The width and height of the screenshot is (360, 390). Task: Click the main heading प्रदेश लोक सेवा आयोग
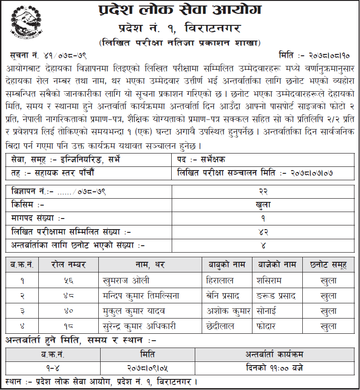pos(180,10)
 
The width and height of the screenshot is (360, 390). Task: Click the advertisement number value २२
pos(264,191)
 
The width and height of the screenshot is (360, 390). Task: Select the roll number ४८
pos(69,295)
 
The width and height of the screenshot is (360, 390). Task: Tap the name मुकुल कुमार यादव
pos(134,311)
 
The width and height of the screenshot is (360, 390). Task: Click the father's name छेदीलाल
pos(221,326)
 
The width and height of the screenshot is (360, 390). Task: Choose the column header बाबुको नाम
pos(227,265)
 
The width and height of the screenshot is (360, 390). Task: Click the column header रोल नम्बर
pos(69,265)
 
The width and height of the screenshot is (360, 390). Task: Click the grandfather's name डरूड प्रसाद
pos(276,295)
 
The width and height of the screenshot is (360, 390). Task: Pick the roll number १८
pos(69,326)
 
